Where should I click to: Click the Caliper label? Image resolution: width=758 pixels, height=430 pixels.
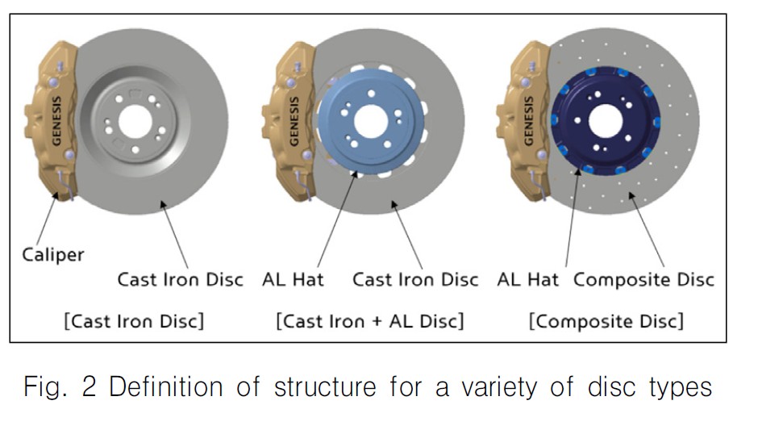tap(52, 255)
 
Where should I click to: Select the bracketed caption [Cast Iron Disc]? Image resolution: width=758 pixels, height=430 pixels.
tap(134, 320)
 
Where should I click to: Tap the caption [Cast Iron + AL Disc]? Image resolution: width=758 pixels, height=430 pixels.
tap(370, 320)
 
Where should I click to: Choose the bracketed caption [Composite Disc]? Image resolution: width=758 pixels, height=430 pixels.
tap(606, 320)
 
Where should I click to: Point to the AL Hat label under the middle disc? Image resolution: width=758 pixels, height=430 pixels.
tap(294, 281)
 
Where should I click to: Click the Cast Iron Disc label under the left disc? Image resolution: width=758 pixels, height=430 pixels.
tap(181, 281)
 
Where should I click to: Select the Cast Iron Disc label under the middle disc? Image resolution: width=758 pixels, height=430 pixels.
tap(415, 281)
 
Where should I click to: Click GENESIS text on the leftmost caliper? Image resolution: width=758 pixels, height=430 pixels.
tap(56, 122)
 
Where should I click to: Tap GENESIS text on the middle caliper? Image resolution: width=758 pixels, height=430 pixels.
tap(293, 122)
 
